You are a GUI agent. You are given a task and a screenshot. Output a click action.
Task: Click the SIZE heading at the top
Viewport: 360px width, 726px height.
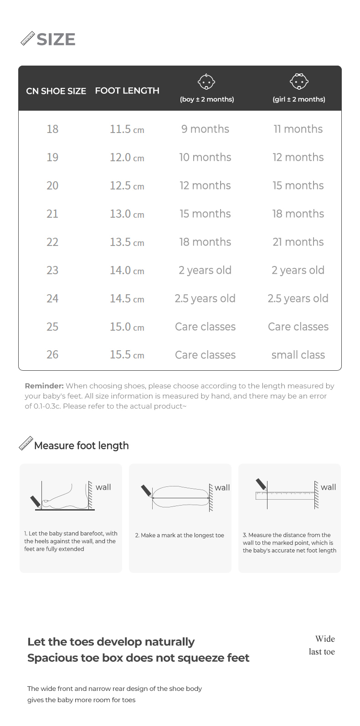(56, 40)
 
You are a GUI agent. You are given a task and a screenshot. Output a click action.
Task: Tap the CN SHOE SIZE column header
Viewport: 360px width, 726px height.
(56, 91)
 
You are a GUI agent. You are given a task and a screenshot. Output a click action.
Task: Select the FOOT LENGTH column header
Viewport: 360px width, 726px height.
(127, 91)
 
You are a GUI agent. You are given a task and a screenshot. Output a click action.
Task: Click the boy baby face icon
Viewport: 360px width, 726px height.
(206, 82)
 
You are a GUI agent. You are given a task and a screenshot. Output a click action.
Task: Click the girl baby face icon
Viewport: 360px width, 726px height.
(299, 82)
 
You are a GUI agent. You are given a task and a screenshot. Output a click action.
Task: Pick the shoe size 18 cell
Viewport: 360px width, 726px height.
(52, 129)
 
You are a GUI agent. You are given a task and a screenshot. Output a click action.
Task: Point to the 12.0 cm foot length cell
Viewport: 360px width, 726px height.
(127, 158)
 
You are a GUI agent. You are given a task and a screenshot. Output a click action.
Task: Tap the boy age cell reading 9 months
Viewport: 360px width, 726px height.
(205, 129)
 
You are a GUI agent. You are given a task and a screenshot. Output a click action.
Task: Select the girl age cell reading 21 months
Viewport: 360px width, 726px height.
(298, 242)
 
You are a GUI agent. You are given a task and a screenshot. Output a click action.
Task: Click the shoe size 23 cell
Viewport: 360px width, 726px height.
(52, 271)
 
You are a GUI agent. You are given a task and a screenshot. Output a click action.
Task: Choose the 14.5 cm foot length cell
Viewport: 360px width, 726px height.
(127, 299)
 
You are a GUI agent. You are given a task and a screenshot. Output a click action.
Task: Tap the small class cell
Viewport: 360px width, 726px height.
(298, 355)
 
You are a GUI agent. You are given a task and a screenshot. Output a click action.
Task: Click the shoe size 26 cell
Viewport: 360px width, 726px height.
(52, 355)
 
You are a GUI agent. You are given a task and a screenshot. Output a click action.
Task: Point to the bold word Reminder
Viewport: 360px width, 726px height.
(44, 386)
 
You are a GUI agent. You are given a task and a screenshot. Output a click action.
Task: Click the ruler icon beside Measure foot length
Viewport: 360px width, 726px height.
(26, 444)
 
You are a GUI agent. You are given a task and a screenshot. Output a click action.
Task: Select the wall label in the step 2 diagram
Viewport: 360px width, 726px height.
(222, 488)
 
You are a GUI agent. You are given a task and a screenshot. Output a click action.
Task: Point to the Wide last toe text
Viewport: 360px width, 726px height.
(322, 645)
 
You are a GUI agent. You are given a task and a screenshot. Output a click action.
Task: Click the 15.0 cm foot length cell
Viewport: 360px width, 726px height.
(127, 327)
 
